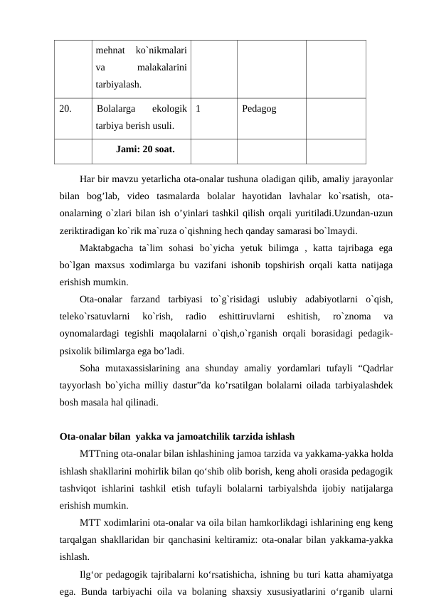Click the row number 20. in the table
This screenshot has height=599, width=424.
pyautogui.click(x=65, y=109)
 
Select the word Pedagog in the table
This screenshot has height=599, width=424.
pyautogui.click(x=259, y=109)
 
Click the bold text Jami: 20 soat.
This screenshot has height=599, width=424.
pyautogui.click(x=145, y=149)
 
